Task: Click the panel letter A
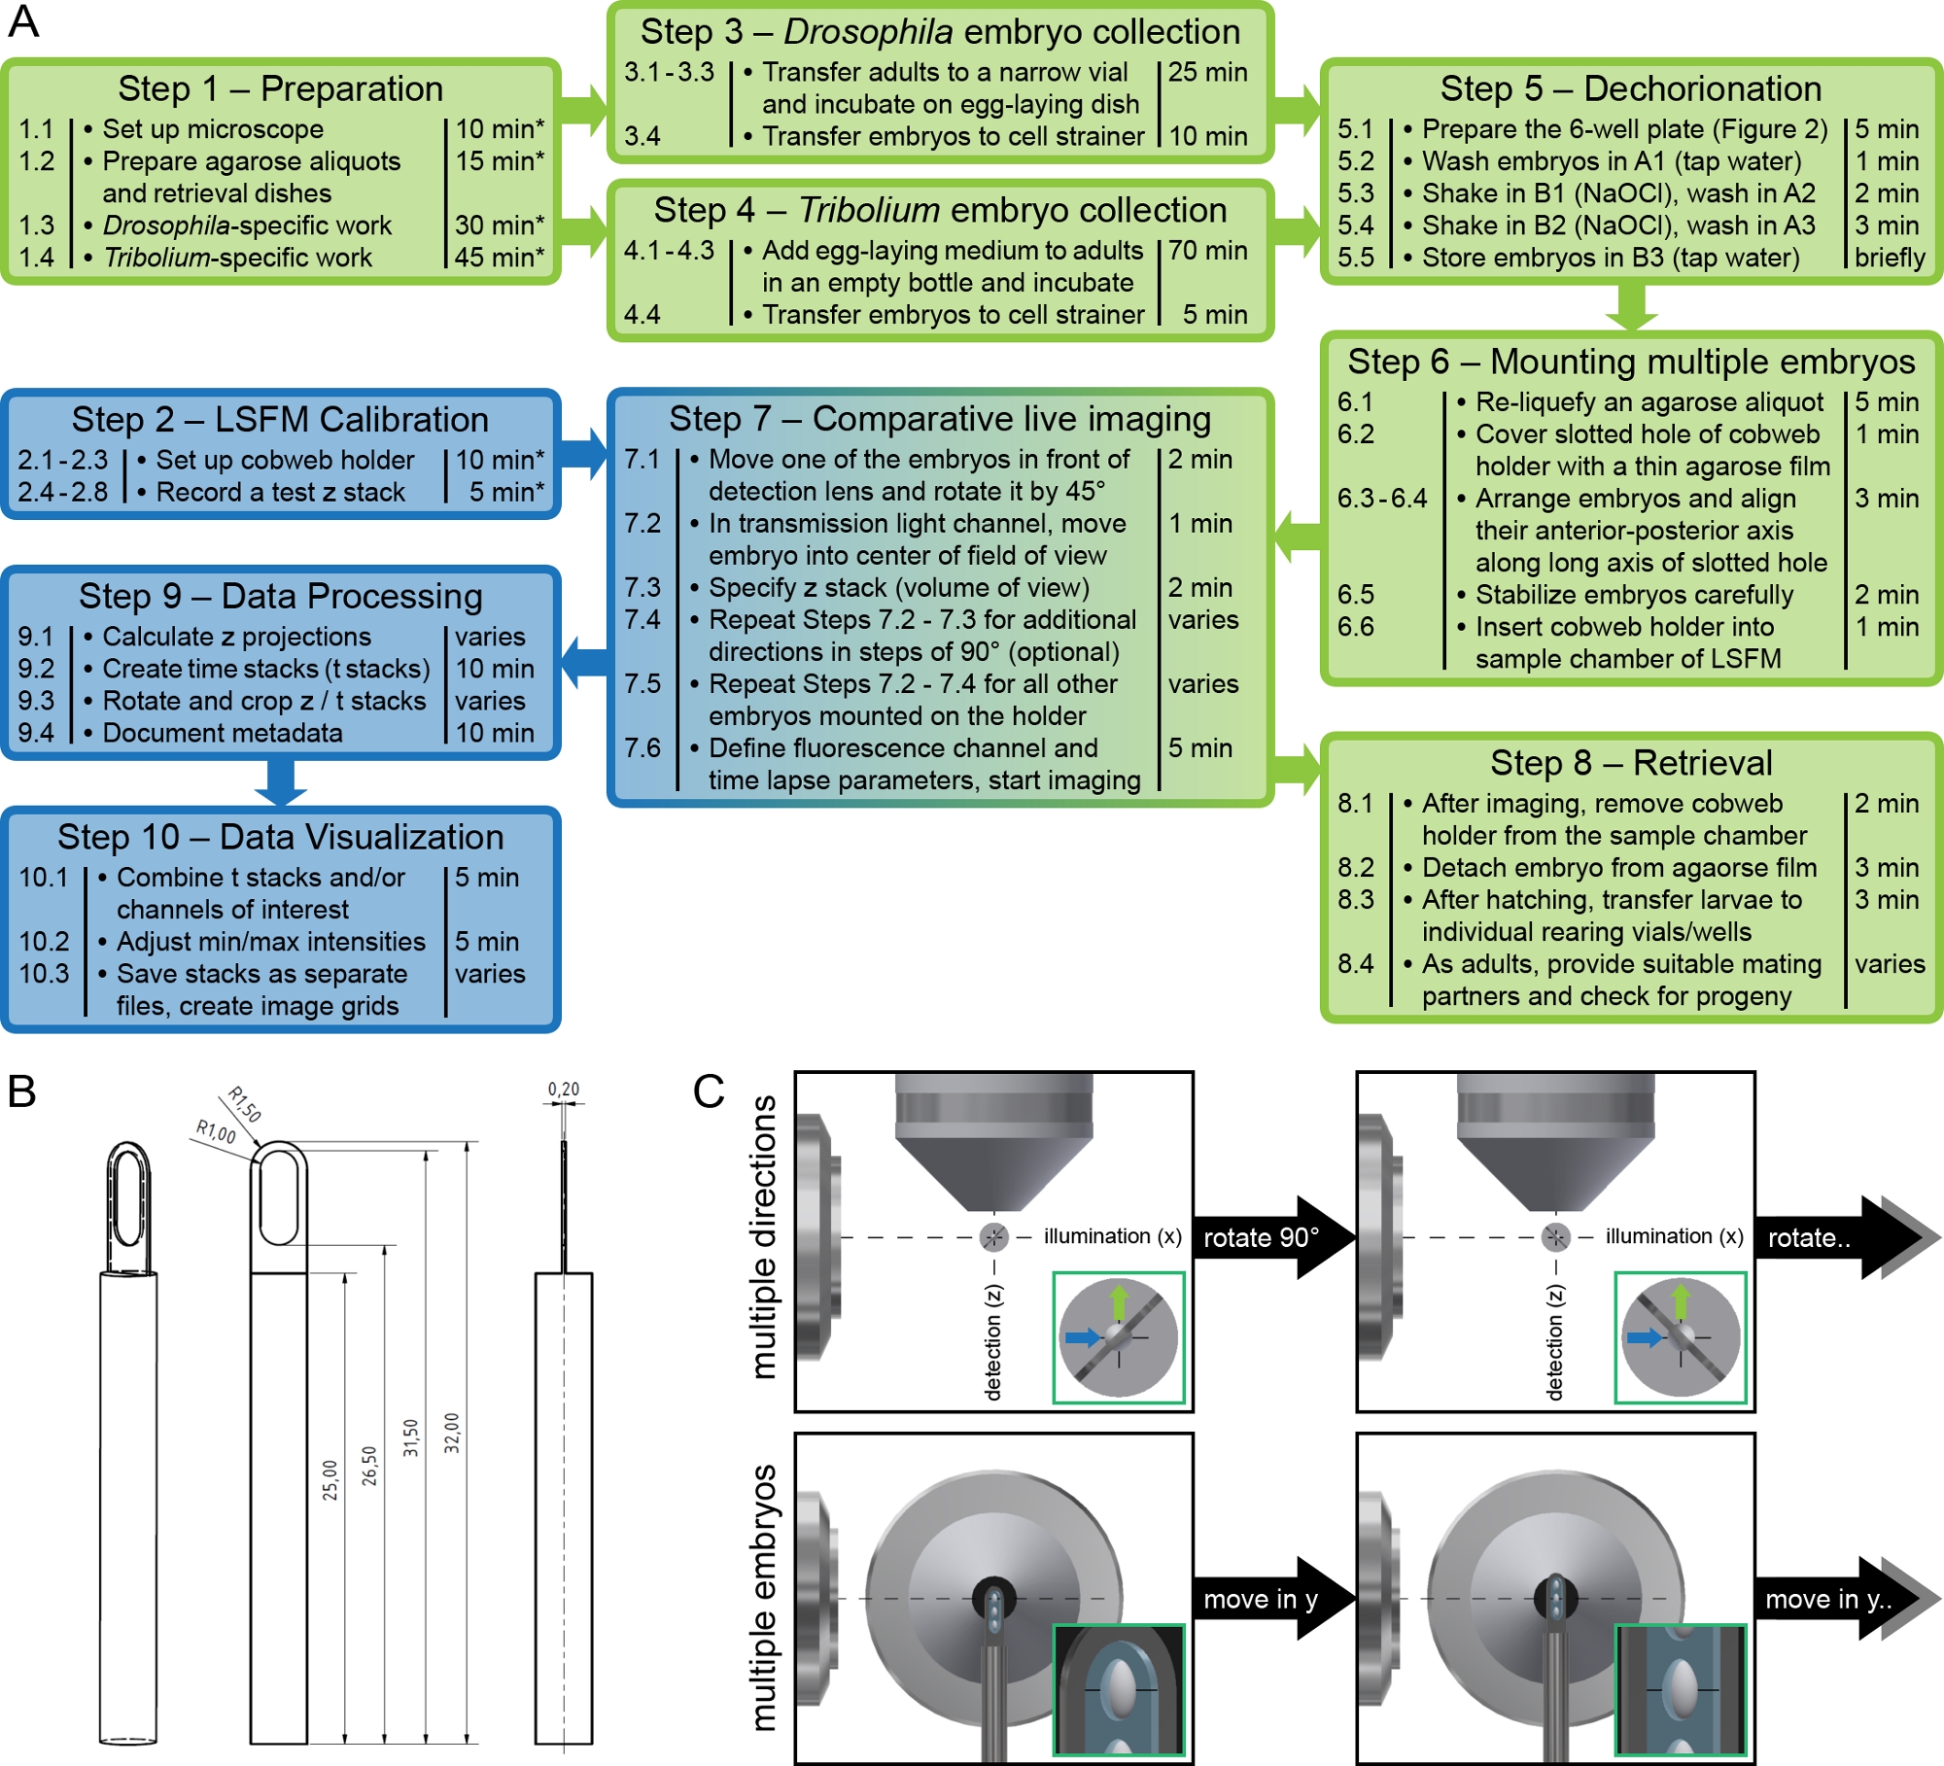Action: [x=23, y=21]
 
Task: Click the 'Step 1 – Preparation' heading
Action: [x=280, y=88]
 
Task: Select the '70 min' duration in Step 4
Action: [x=1207, y=251]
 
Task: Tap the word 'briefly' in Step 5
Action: [x=1890, y=258]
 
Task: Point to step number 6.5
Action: [x=1356, y=595]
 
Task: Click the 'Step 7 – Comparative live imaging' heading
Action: [x=939, y=419]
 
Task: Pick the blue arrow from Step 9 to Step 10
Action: [x=281, y=780]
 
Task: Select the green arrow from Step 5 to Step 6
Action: [x=1631, y=306]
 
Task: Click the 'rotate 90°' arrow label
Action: [x=1262, y=1237]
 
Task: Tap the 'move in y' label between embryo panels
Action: [x=1261, y=1599]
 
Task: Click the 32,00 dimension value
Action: [x=452, y=1433]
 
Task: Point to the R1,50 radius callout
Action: [x=245, y=1104]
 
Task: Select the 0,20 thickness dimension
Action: [x=564, y=1090]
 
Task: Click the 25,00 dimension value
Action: [x=330, y=1479]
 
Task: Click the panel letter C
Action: [x=709, y=1091]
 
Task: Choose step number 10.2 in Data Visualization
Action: [x=45, y=942]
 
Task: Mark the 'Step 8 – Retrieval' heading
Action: [x=1631, y=763]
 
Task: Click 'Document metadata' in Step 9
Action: [x=223, y=733]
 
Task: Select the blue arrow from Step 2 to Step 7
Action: [x=583, y=454]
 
